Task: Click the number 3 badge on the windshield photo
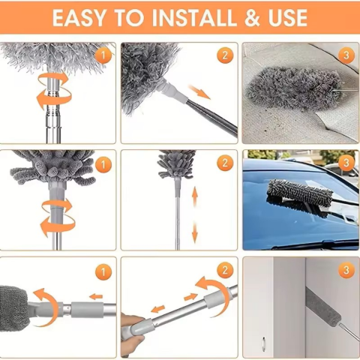tap(345, 162)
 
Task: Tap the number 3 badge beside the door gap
tap(345, 270)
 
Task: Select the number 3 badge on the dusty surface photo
tap(345, 55)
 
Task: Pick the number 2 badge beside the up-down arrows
tap(223, 163)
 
